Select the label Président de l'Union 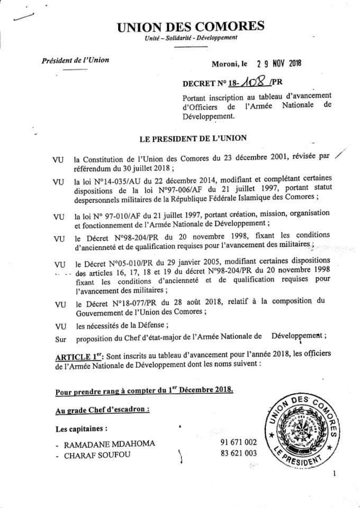click(x=75, y=60)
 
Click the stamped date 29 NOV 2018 click(x=278, y=63)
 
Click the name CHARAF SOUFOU click(x=99, y=455)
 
